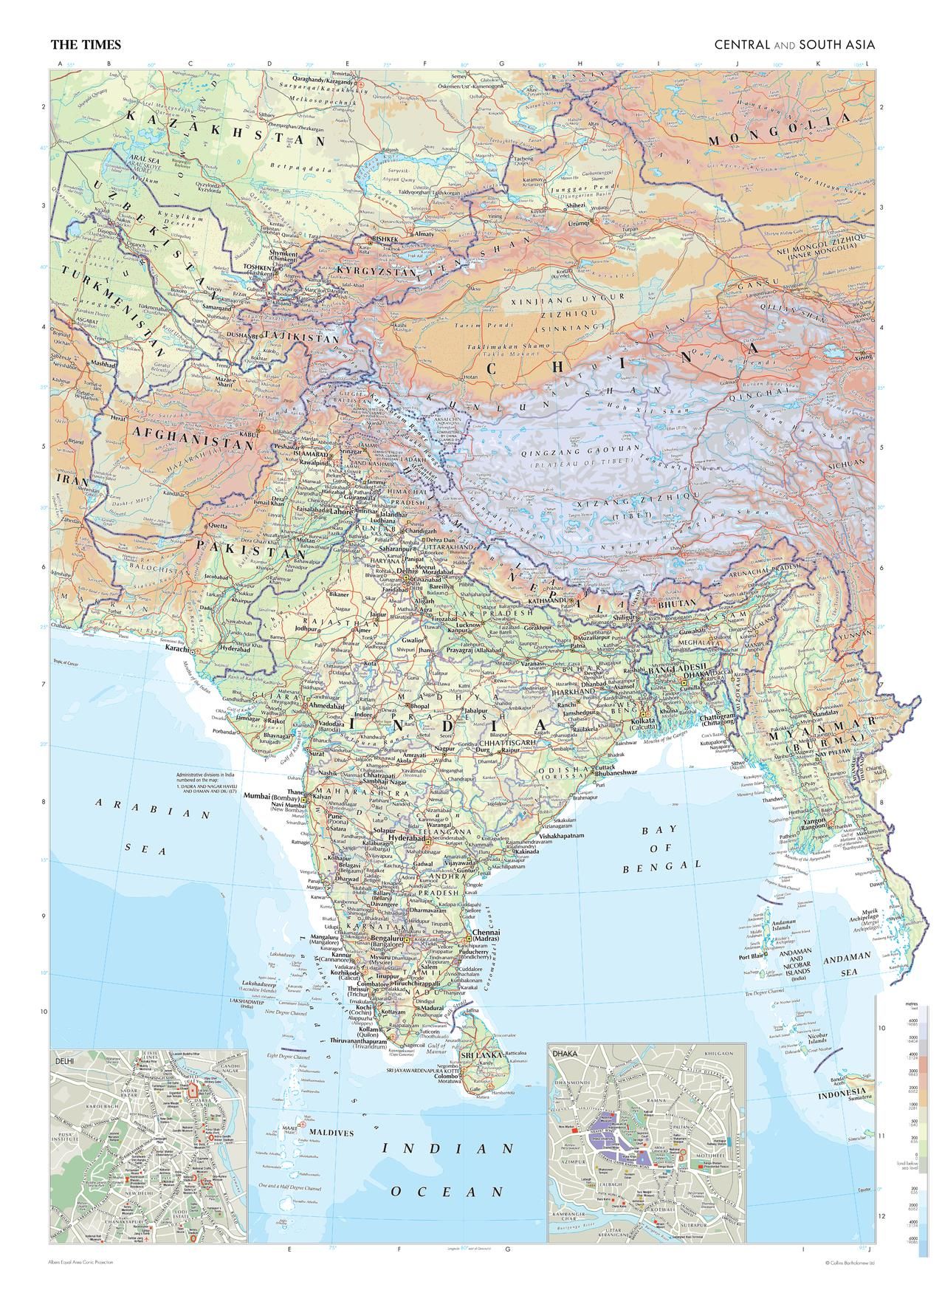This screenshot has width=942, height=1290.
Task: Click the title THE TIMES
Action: coord(85,45)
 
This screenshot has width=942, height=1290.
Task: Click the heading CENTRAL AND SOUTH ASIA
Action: coord(794,45)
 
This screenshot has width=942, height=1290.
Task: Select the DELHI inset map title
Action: coord(66,1060)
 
